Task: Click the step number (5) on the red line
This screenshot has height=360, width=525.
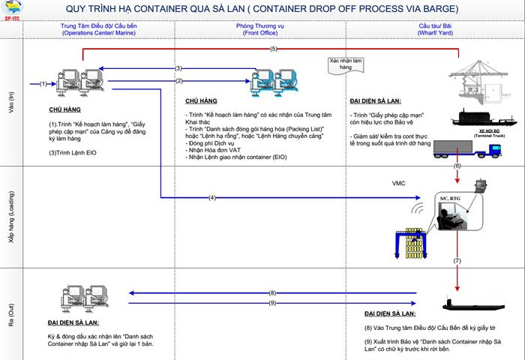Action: coord(274,49)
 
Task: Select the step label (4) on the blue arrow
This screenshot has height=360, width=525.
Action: coord(212,198)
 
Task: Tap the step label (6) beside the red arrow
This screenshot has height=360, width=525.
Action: coord(457,165)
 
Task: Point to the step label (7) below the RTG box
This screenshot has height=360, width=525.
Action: coord(457,259)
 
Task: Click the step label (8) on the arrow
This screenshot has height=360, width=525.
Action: coord(272,292)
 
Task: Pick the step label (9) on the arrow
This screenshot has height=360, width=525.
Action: coord(272,302)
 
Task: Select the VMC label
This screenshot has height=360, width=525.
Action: coord(398,183)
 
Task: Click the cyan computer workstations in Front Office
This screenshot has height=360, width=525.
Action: coord(273,81)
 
